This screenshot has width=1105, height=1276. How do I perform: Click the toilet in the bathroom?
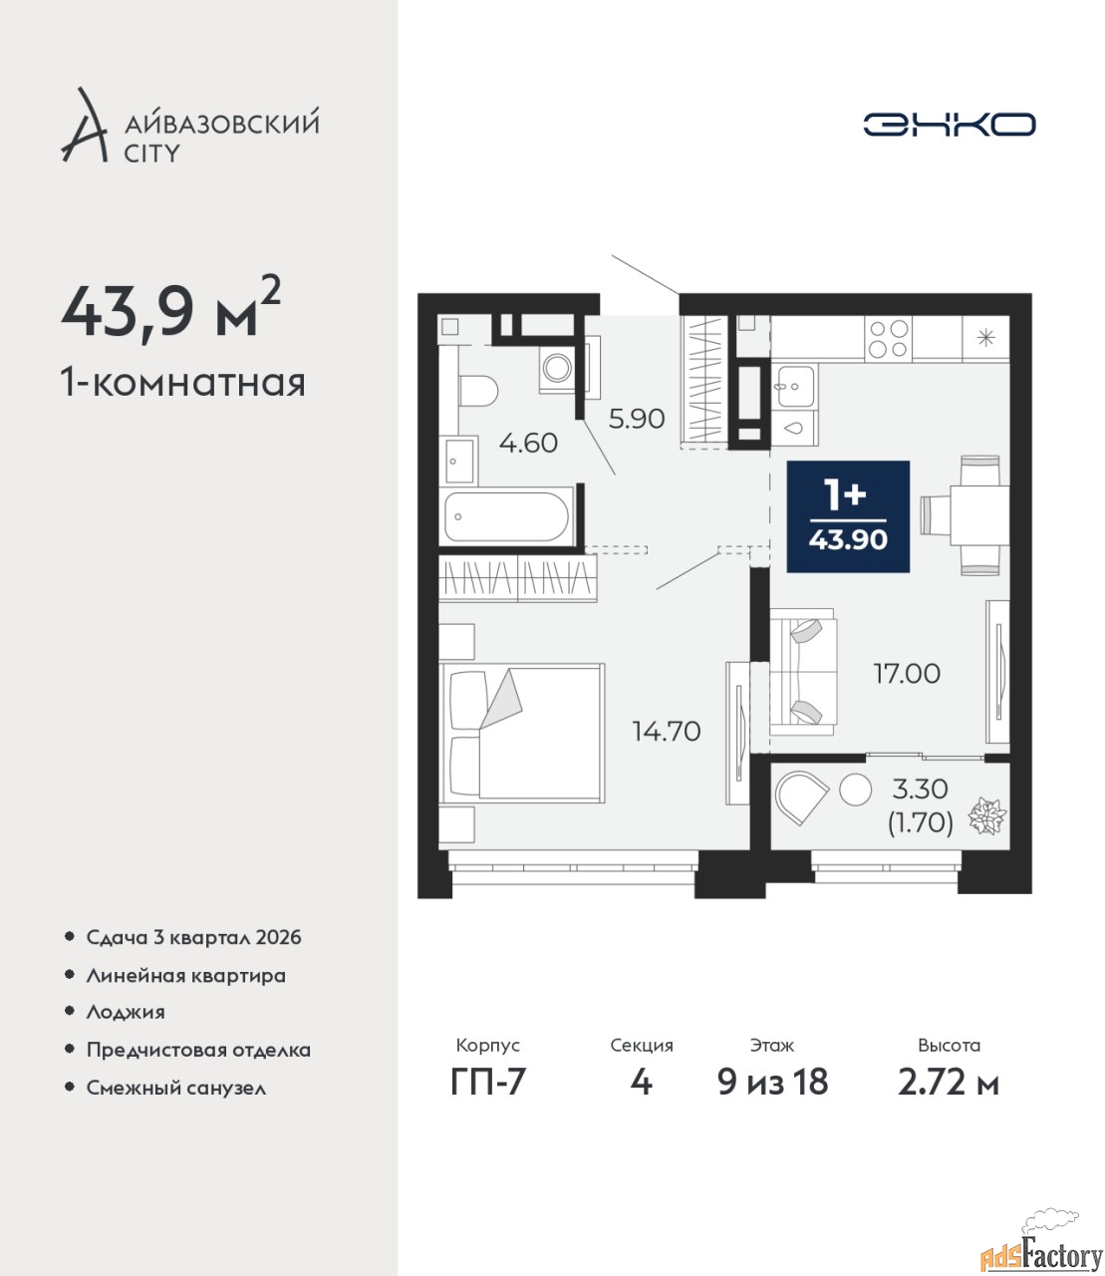tap(478, 390)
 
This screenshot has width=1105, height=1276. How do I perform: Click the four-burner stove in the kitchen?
tap(889, 338)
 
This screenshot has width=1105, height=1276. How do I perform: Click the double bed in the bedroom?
tap(521, 733)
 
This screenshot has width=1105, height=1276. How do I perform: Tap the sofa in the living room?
tap(803, 672)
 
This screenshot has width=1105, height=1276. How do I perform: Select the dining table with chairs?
tap(966, 514)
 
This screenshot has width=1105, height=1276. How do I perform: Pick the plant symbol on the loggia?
tap(986, 815)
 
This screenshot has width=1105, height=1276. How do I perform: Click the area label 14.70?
tap(667, 732)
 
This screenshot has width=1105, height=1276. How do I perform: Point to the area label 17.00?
tap(907, 674)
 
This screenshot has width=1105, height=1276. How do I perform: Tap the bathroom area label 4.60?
tap(529, 443)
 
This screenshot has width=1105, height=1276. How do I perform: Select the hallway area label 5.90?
tap(636, 419)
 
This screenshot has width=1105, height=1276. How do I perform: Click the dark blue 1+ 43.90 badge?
tap(848, 516)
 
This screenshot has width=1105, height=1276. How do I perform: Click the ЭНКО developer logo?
tap(949, 124)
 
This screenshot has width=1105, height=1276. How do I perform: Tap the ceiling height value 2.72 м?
tap(949, 1083)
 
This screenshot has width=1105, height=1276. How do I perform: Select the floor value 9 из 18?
tap(772, 1083)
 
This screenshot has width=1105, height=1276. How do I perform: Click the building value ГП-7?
tap(488, 1083)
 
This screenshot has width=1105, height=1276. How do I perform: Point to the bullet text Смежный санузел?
tap(176, 1088)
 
